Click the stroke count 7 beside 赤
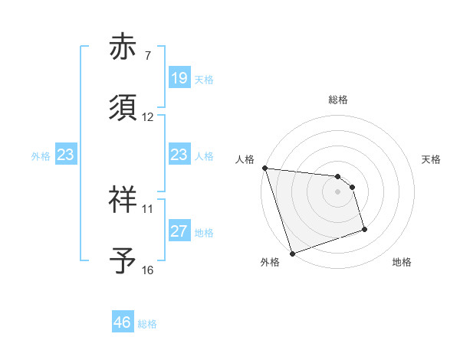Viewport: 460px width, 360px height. (148, 57)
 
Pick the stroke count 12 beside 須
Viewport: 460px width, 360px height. (148, 117)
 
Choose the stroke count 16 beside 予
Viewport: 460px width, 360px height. (148, 270)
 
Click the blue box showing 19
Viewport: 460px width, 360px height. (179, 79)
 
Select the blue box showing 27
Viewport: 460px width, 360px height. (179, 231)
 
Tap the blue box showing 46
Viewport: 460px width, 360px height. (123, 322)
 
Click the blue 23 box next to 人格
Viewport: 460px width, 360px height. (179, 155)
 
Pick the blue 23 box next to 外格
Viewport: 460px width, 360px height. (66, 155)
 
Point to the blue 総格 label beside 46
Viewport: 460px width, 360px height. (147, 324)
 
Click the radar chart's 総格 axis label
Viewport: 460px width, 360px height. (338, 100)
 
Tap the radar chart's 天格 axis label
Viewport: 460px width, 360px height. (432, 159)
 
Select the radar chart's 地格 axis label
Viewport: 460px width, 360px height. (402, 263)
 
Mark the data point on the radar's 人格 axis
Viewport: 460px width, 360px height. (264, 168)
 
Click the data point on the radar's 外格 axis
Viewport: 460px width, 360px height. (292, 253)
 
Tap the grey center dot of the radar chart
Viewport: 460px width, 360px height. (338, 191)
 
